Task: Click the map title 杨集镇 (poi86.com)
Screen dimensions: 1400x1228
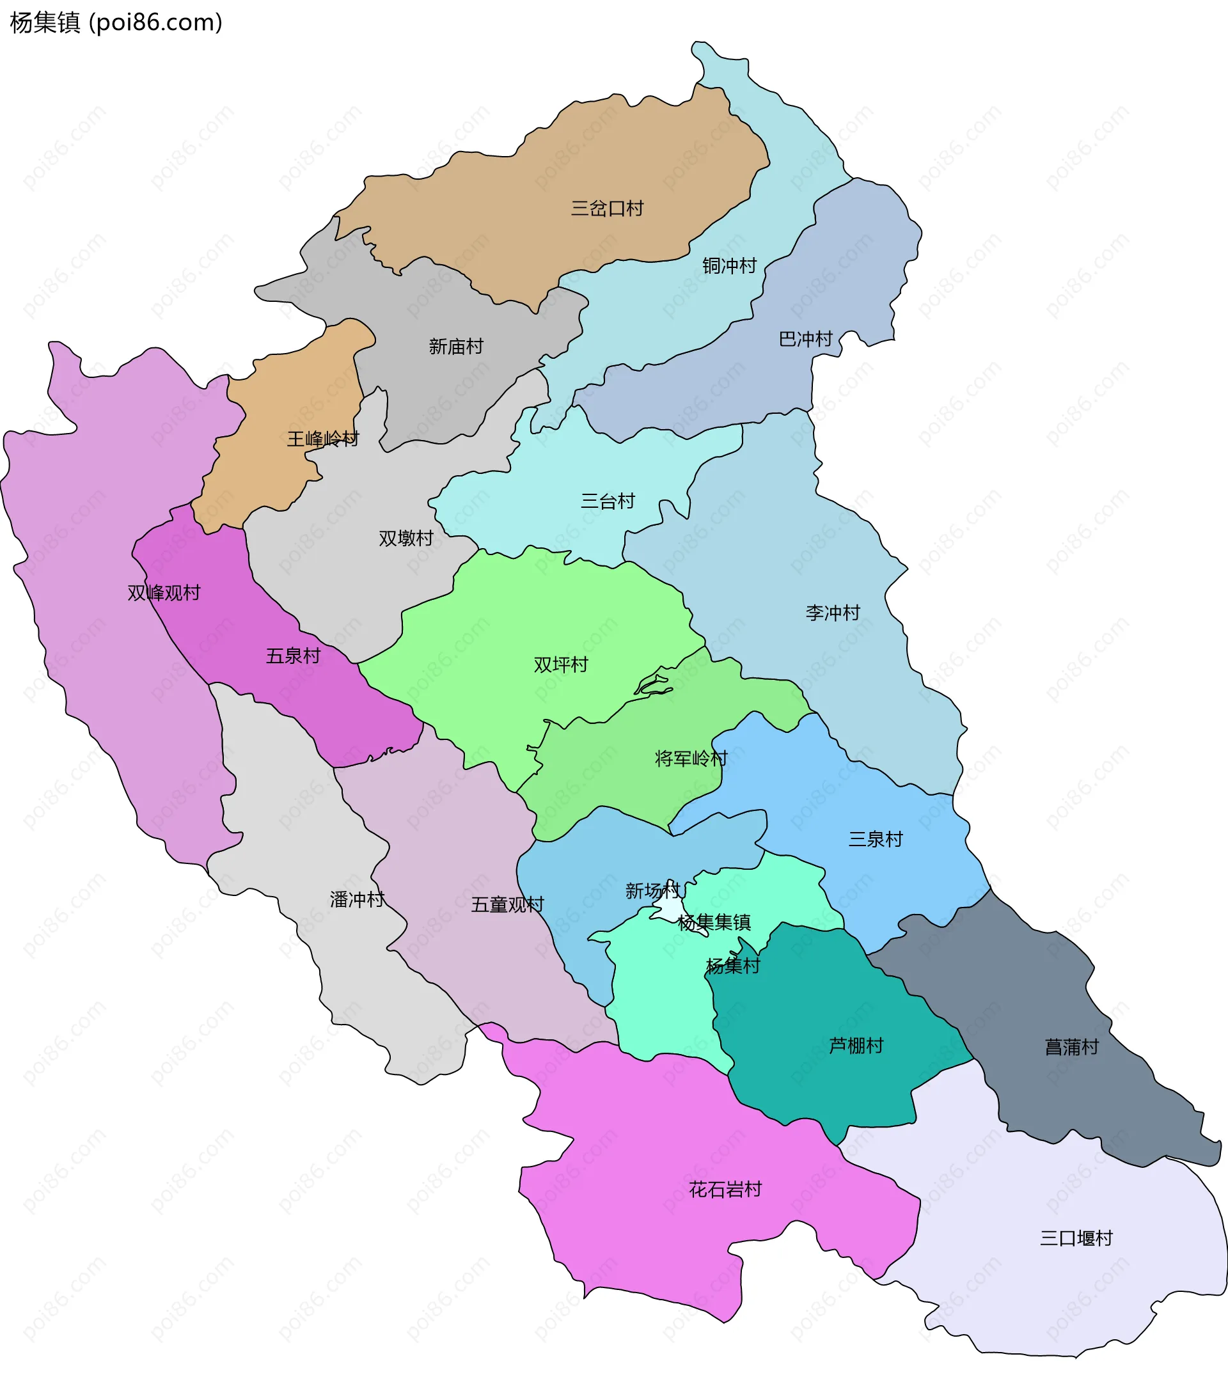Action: tap(116, 22)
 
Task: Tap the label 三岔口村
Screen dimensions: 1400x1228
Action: tap(607, 208)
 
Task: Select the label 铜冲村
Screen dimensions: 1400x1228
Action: tap(728, 266)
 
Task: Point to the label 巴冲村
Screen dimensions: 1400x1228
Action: tap(805, 339)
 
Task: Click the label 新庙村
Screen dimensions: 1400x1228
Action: tap(455, 347)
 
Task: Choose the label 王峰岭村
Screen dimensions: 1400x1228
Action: tap(322, 439)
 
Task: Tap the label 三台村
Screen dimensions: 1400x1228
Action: tap(608, 501)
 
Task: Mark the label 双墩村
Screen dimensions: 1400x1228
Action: tap(405, 539)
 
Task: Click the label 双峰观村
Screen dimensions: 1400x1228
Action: tap(164, 593)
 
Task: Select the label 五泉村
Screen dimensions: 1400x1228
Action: tap(293, 656)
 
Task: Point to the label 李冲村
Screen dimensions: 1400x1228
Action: tap(832, 613)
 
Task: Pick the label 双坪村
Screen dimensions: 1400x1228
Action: tap(560, 665)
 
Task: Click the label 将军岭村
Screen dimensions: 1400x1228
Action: tap(690, 759)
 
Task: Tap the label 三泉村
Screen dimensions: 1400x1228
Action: tap(876, 839)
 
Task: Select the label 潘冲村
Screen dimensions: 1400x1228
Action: tap(357, 899)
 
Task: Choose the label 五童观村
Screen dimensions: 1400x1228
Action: tap(507, 905)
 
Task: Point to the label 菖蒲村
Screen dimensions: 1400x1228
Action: tap(1071, 1047)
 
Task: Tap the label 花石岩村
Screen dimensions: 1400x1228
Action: tap(725, 1190)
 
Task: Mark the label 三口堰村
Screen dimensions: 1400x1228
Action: tap(1076, 1238)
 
